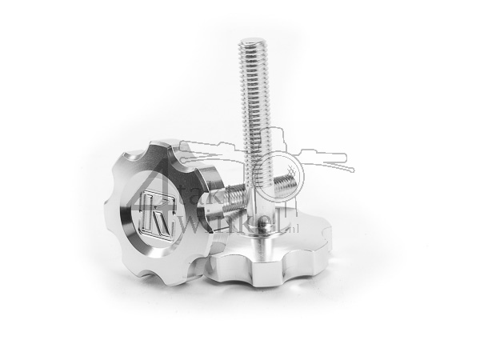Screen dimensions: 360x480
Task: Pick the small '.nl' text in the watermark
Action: click(x=293, y=214)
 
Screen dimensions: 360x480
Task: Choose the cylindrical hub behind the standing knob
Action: click(x=212, y=240)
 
